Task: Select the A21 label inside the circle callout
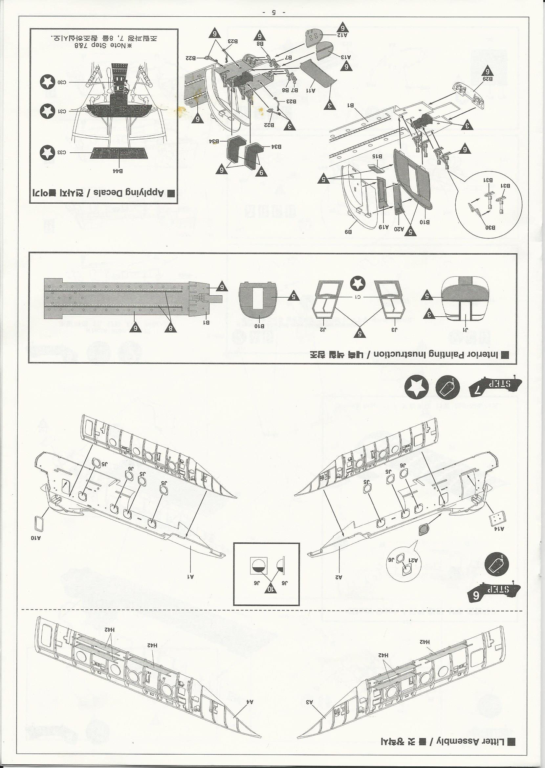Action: tap(413, 560)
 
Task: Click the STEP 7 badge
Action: tap(495, 386)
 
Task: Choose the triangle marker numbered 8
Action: tap(170, 328)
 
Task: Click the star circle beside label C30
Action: tap(47, 82)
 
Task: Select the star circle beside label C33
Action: tap(47, 153)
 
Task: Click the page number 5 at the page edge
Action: tap(274, 12)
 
